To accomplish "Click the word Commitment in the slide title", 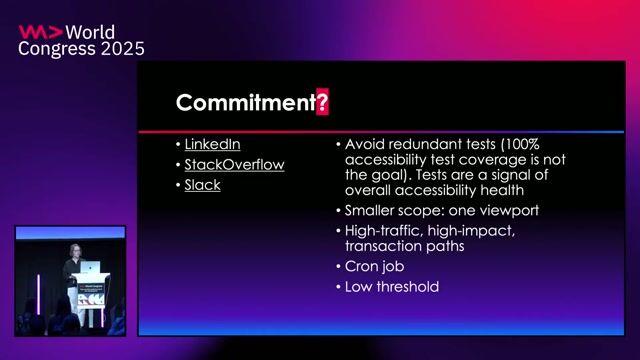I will pos(245,102).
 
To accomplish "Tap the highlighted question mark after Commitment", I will pos(322,102).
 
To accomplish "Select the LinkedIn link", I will pos(212,145).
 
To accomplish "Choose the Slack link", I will pos(202,185).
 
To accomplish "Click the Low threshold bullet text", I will pos(392,287).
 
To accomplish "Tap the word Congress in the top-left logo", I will pos(54,48).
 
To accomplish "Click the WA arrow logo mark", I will pos(39,31).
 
